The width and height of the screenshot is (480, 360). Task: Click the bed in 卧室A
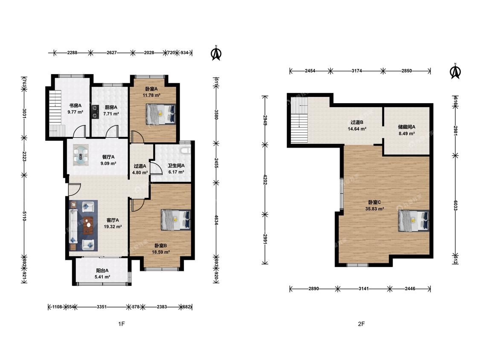161,114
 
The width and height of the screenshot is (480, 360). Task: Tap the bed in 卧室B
176,220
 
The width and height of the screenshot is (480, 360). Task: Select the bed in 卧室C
413,221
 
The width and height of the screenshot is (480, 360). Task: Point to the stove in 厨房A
95,112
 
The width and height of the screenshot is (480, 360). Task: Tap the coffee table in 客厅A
88,225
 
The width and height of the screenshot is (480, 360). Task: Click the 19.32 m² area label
113,227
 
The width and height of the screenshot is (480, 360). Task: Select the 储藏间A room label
407,127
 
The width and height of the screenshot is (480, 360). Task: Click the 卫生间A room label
176,165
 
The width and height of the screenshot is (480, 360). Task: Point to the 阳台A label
102,270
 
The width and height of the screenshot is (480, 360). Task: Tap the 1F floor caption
122,324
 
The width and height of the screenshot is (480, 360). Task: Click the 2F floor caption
361,324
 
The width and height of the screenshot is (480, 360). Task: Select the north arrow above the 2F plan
455,71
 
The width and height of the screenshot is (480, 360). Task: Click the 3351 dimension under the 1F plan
102,307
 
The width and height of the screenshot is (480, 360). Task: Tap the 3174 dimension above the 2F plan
357,71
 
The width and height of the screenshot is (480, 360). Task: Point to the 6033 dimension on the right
456,205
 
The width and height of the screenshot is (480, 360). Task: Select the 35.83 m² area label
374,209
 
